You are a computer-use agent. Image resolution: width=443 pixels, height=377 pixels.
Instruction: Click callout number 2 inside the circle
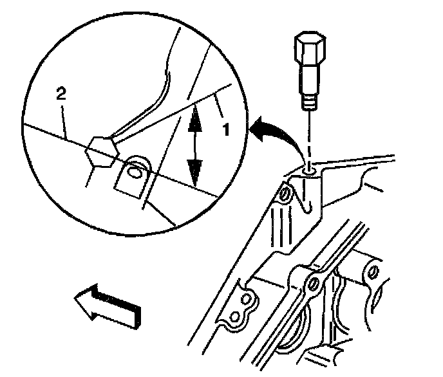click(x=61, y=95)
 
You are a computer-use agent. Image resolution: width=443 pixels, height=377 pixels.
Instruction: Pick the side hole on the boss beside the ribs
click(x=284, y=195)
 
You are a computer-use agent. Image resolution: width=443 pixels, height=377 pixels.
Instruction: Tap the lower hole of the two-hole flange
click(x=236, y=317)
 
